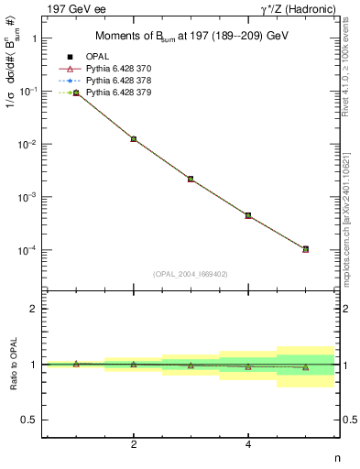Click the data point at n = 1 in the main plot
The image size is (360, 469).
76,93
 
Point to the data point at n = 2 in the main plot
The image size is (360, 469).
134,139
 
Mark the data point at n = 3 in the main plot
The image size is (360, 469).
191,179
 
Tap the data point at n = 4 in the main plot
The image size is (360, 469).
248,215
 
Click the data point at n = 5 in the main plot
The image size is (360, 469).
305,249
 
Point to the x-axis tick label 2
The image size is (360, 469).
134,445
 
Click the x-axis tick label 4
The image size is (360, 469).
248,445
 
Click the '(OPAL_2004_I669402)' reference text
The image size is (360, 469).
191,273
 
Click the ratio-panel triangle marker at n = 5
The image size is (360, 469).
305,367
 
